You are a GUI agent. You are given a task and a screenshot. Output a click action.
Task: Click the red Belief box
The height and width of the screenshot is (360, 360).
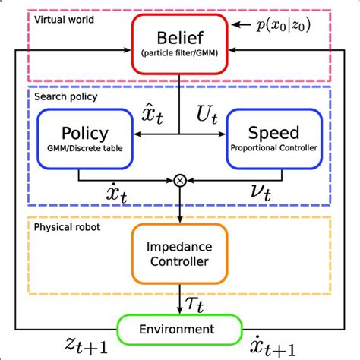coord(180,44)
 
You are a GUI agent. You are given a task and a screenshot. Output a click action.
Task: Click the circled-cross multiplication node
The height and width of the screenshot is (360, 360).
coord(180,180)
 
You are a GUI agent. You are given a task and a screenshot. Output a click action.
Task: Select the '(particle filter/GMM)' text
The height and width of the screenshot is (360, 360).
coord(180,53)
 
